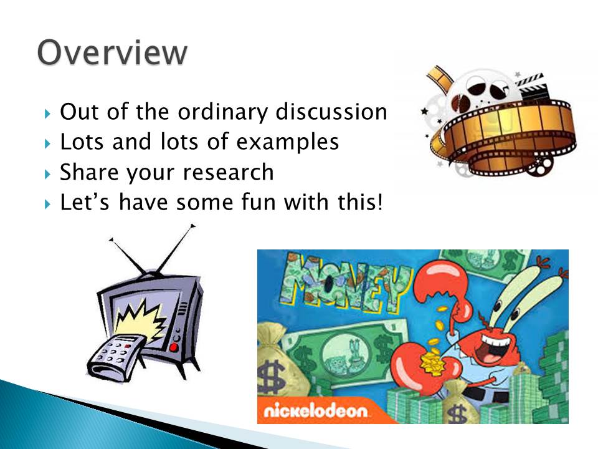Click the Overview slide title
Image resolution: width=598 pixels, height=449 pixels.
pos(112,52)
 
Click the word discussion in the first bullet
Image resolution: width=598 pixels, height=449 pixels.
pos(331,112)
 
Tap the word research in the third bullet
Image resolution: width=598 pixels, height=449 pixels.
pos(228,172)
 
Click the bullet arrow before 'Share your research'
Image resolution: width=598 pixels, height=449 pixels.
pos(47,175)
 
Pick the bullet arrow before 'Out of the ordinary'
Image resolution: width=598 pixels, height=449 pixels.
pos(47,113)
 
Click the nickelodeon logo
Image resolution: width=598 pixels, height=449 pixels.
pos(316,411)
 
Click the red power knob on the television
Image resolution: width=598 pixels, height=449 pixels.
pos(174,347)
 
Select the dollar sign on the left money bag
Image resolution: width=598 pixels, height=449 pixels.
pos(271,376)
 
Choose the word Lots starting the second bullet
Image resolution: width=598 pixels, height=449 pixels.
pos(82,142)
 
